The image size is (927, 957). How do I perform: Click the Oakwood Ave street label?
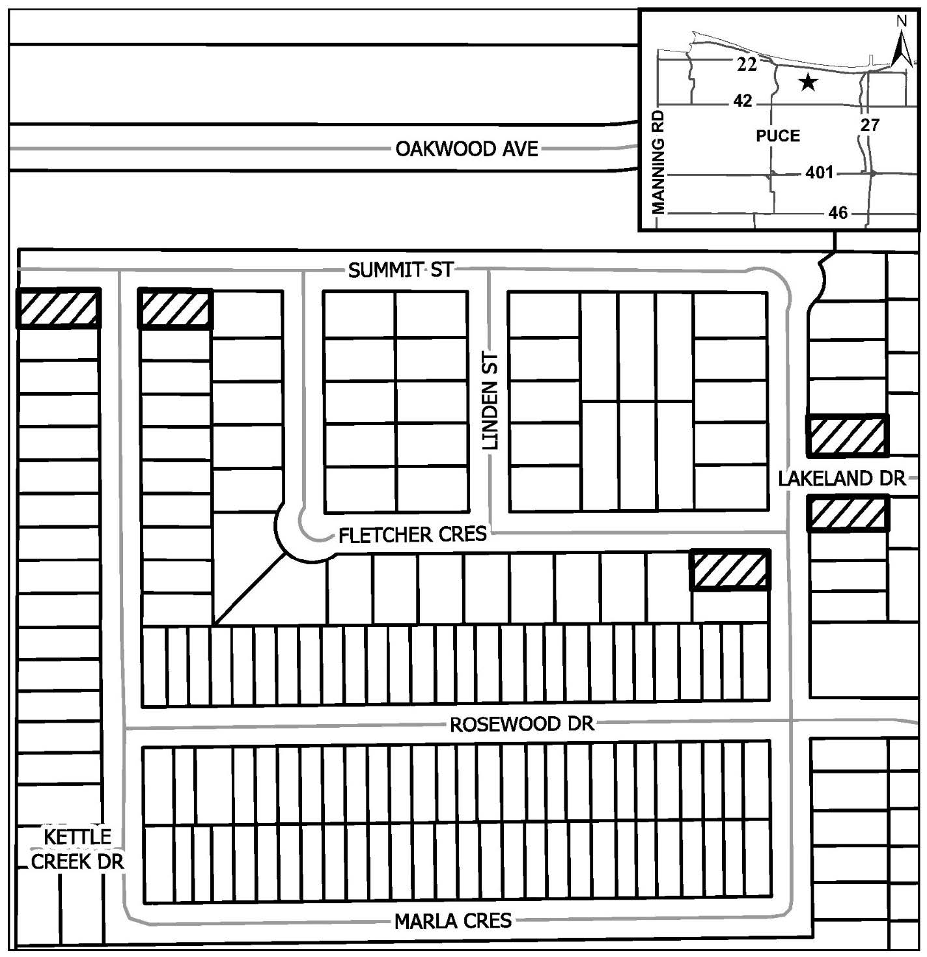[x=466, y=148]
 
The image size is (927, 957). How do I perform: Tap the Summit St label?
[x=400, y=270]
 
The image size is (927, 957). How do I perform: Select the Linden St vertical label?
[x=490, y=401]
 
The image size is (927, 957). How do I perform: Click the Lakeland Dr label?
[x=842, y=478]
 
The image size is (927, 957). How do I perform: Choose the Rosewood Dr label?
[x=522, y=725]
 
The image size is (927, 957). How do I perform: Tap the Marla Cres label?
[x=453, y=921]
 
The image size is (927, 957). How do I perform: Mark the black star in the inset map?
[x=808, y=82]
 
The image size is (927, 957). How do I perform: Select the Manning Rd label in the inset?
[x=658, y=162]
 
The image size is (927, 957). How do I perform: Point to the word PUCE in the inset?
[x=778, y=135]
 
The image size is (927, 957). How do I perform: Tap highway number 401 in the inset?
[x=820, y=173]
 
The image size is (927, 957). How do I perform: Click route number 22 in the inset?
[x=747, y=64]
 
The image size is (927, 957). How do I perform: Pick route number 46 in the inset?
[x=838, y=213]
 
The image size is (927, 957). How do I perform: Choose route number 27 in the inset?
[x=870, y=125]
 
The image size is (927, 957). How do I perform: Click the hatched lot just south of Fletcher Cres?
[x=730, y=570]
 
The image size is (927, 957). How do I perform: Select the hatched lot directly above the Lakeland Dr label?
[x=848, y=435]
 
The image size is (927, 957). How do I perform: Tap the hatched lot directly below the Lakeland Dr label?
[x=848, y=514]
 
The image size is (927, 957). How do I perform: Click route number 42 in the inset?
[x=743, y=101]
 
